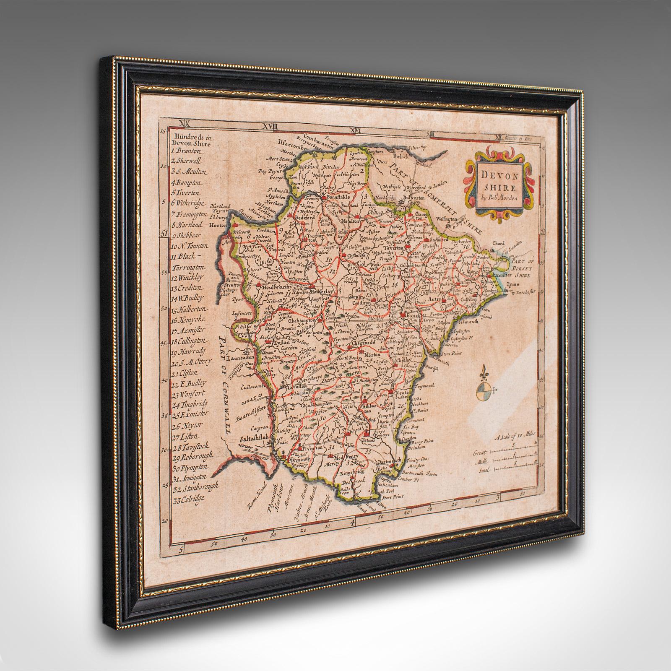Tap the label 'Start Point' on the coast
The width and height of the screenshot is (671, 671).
(392, 496)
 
